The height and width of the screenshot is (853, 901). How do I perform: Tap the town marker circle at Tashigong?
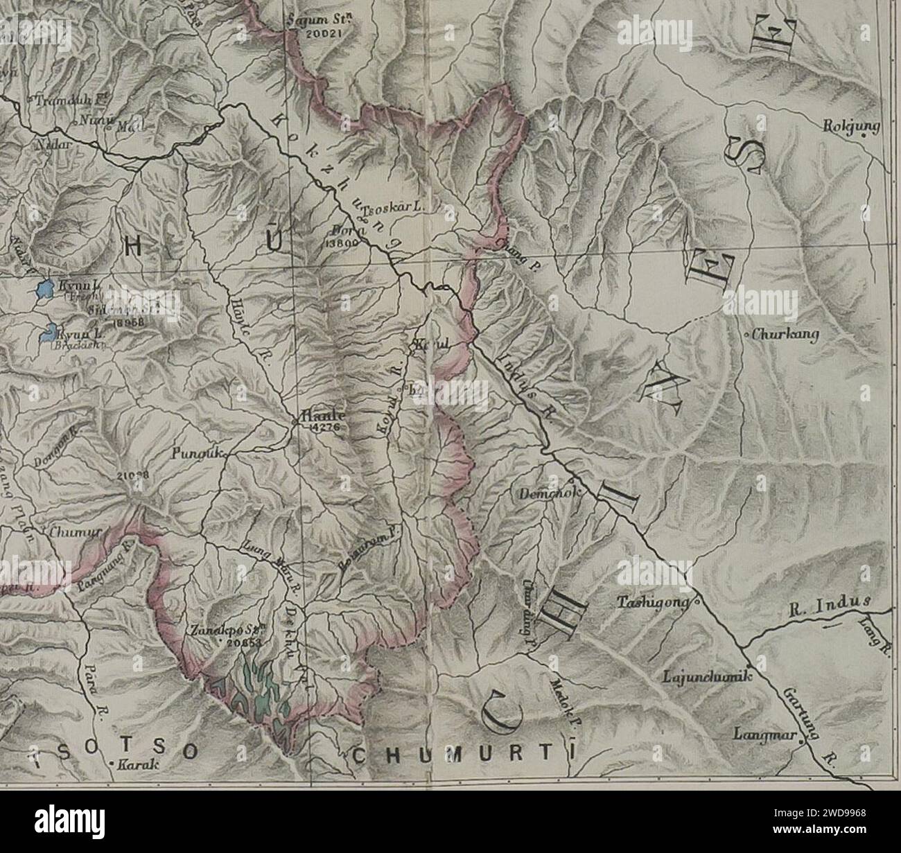click(x=697, y=602)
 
